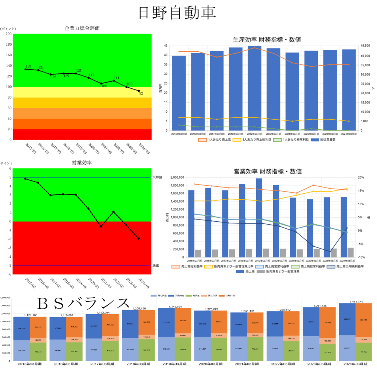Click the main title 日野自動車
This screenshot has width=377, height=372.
[x=177, y=13]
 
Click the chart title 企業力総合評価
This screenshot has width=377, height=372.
[x=82, y=28]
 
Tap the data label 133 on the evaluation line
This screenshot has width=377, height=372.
[x=28, y=66]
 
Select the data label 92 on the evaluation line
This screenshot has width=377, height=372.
[x=141, y=94]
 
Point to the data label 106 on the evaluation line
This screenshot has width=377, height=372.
[x=104, y=86]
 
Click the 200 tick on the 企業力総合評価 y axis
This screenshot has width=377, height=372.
[x=9, y=34]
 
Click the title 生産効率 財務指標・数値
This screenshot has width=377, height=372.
[x=264, y=39]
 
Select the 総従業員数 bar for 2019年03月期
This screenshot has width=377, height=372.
[x=254, y=88]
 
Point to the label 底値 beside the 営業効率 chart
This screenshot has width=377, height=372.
[x=155, y=265]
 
